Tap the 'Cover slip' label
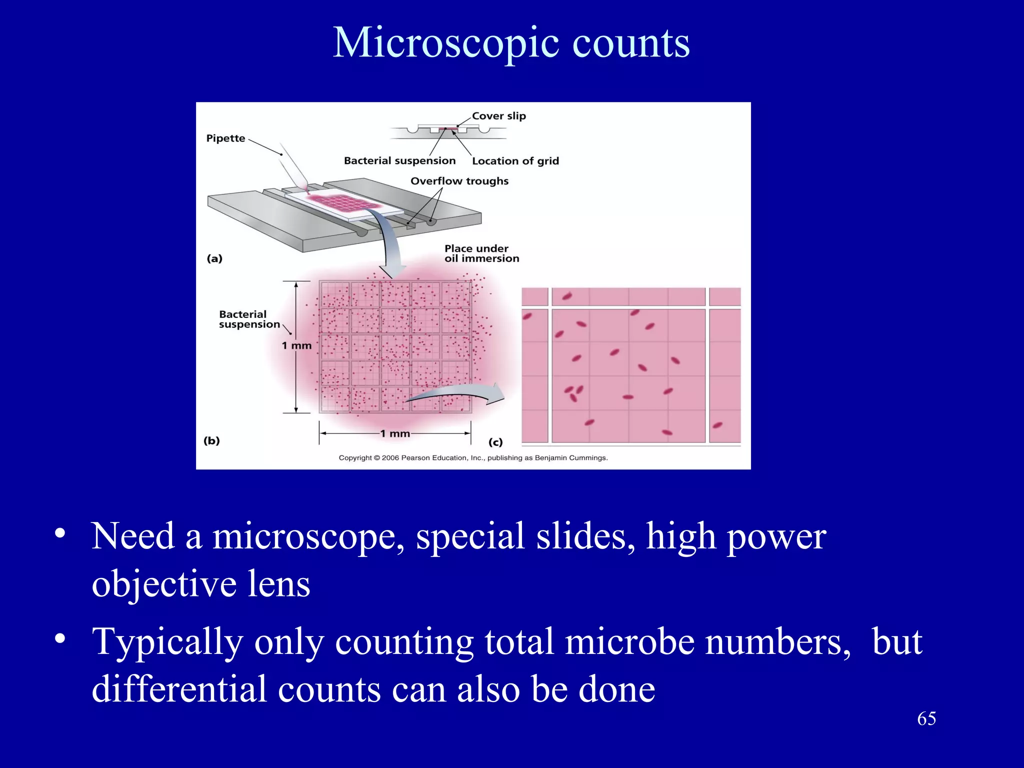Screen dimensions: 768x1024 click(498, 116)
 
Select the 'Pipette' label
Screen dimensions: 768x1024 click(225, 138)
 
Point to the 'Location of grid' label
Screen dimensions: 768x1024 click(515, 161)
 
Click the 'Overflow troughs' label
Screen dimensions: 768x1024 click(459, 181)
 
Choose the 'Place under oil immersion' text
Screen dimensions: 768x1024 click(481, 253)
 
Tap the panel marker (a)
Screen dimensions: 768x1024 click(214, 258)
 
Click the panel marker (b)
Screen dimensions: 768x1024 click(211, 440)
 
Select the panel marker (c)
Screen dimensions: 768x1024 click(495, 442)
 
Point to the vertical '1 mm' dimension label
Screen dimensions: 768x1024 click(296, 345)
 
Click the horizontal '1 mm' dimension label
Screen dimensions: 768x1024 click(395, 433)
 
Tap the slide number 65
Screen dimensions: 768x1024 click(926, 718)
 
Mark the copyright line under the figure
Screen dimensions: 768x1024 click(473, 457)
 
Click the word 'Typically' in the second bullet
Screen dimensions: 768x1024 click(167, 642)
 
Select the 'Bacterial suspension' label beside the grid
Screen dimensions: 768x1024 click(249, 319)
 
